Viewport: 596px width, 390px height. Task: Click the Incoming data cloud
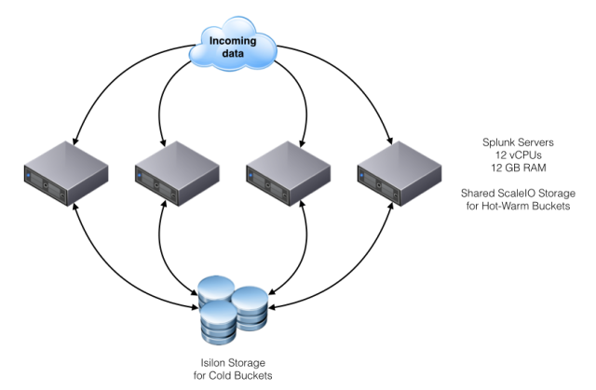pyautogui.click(x=233, y=44)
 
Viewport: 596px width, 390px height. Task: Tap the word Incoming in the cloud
pyautogui.click(x=233, y=40)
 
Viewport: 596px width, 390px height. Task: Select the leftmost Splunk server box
pyautogui.click(x=66, y=173)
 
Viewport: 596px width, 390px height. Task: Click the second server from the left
pyautogui.click(x=177, y=173)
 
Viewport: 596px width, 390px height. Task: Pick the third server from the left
pyautogui.click(x=288, y=173)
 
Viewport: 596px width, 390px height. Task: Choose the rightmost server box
pyautogui.click(x=400, y=173)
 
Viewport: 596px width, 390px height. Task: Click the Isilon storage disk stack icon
pyautogui.click(x=233, y=310)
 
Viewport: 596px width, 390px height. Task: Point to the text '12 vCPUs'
pyautogui.click(x=518, y=155)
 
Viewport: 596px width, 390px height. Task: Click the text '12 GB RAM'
pyautogui.click(x=519, y=168)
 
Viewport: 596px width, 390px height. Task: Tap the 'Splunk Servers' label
pyautogui.click(x=518, y=142)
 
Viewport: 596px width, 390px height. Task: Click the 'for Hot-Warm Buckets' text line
pyautogui.click(x=518, y=206)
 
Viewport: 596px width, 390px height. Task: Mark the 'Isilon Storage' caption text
pyautogui.click(x=233, y=363)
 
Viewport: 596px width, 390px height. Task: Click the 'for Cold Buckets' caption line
pyautogui.click(x=233, y=375)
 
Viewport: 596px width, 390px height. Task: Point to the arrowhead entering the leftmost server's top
pyautogui.click(x=75, y=141)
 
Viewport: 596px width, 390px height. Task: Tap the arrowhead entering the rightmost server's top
pyautogui.click(x=389, y=141)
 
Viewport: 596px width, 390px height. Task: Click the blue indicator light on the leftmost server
pyautogui.click(x=28, y=175)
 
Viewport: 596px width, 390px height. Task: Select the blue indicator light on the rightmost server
pyautogui.click(x=361, y=175)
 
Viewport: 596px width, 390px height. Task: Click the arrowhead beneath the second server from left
pyautogui.click(x=164, y=207)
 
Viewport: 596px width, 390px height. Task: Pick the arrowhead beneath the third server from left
pyautogui.click(x=303, y=207)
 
